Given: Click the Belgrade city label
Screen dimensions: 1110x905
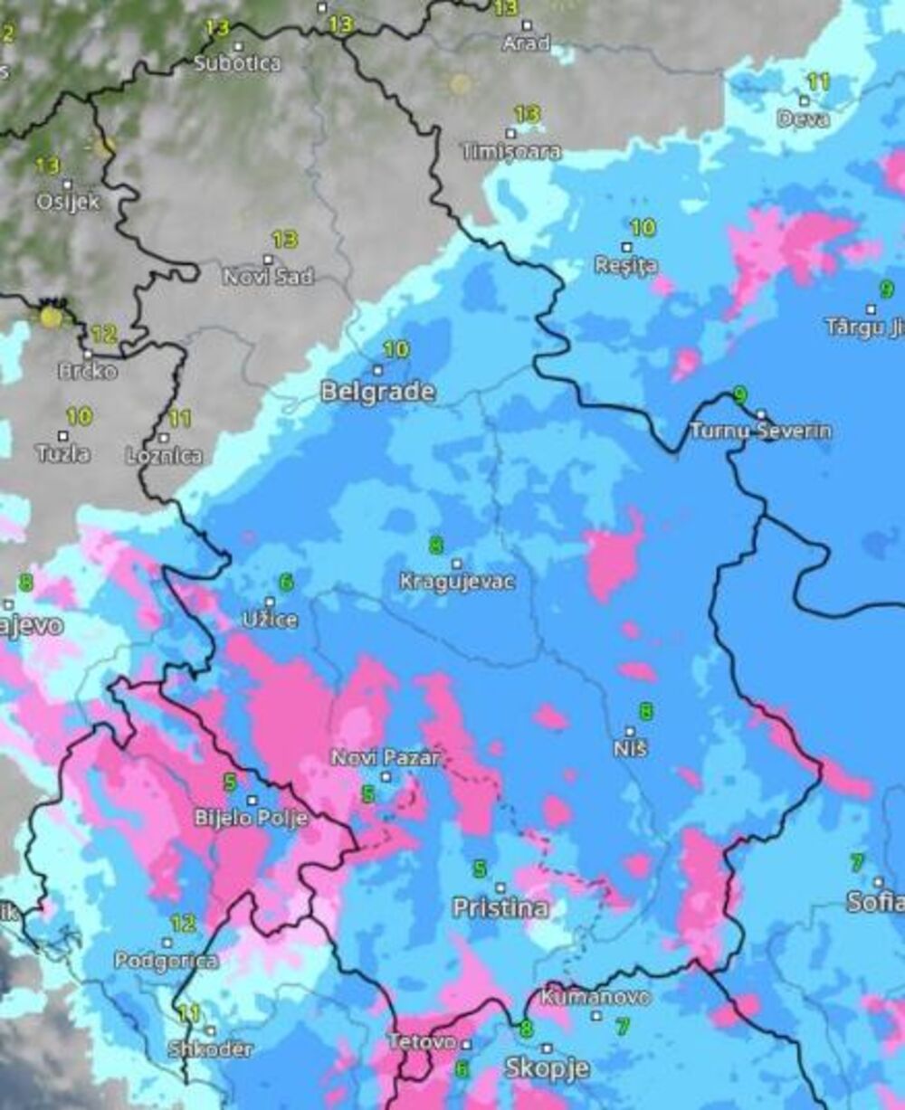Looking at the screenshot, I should click(377, 392).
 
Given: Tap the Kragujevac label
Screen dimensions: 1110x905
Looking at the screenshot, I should click(457, 582).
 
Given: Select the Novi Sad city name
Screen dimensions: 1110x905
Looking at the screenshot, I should click(268, 277).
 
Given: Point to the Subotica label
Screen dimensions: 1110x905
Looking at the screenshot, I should click(237, 64).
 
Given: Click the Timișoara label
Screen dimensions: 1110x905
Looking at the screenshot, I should click(511, 152).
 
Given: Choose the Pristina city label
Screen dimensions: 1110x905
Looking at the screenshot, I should click(500, 907).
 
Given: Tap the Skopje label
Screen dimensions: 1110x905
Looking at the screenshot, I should click(547, 1067).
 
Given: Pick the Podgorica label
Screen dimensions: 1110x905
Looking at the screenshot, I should click(166, 961).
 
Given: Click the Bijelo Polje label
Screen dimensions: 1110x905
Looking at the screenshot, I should click(251, 818).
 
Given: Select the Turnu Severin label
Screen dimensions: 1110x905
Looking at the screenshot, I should click(760, 431).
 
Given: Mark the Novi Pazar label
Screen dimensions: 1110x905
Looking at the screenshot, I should click(386, 757).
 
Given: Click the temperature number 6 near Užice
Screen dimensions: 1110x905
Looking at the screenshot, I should click(286, 583).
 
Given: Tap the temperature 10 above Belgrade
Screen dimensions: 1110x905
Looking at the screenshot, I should click(395, 349).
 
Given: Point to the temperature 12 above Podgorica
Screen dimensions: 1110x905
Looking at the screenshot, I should click(183, 924).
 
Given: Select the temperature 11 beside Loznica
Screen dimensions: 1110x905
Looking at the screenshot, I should click(179, 419).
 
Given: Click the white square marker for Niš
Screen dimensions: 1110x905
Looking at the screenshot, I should click(630, 731).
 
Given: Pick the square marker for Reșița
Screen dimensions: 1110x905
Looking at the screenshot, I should click(625, 247).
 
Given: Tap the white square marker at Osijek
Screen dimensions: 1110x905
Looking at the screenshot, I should click(66, 184).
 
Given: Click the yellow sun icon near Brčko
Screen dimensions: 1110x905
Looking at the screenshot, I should click(52, 317).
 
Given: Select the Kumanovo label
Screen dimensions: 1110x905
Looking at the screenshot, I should click(595, 997).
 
